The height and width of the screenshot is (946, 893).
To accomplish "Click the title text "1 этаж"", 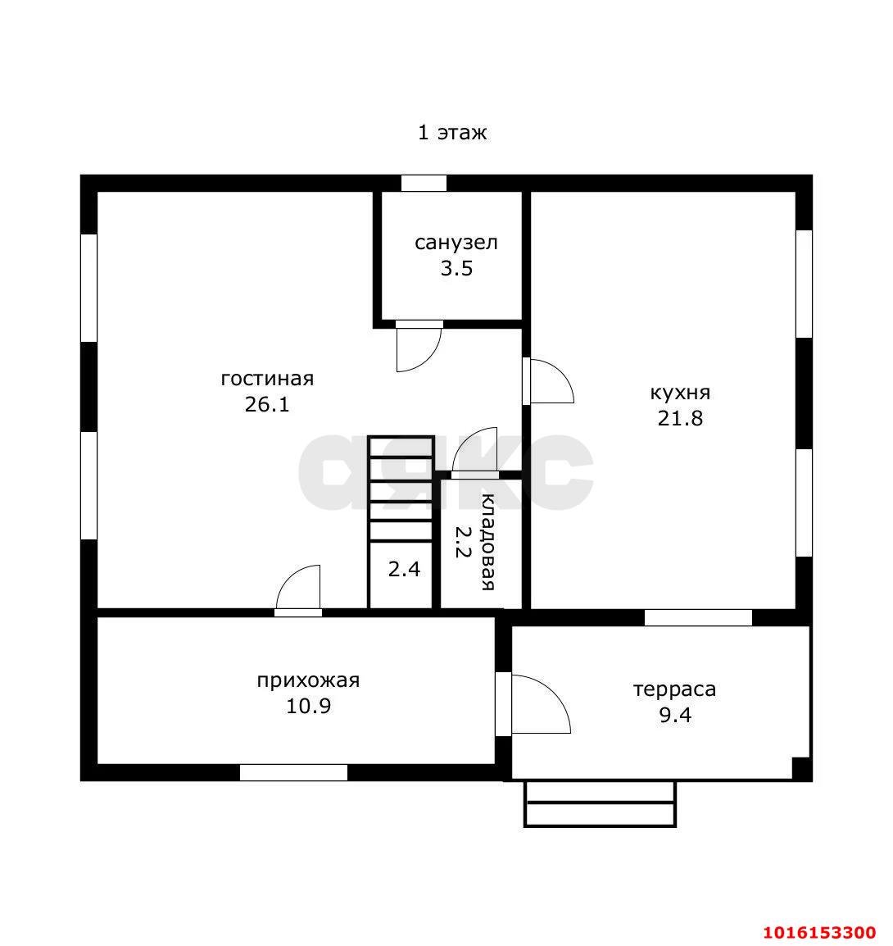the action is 452,132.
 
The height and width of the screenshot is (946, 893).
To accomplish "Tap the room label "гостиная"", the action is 267,379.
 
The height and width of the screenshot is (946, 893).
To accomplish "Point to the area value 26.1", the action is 267,404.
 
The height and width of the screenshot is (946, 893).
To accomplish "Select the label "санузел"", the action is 456,243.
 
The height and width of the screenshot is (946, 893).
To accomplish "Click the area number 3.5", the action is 456,268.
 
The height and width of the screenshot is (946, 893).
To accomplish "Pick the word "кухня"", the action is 680,393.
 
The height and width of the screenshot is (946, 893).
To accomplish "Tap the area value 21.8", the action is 680,418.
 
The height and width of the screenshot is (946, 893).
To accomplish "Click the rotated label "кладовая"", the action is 487,542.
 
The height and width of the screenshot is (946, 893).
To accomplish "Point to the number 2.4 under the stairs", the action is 404,569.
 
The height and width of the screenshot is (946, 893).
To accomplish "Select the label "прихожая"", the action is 308,680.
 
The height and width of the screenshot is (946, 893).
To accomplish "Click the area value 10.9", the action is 308,706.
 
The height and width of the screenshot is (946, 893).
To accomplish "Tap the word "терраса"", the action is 675,689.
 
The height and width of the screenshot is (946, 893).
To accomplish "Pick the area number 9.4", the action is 675,715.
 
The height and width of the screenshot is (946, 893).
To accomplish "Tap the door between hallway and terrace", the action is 555,692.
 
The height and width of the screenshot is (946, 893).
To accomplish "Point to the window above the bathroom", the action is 424,184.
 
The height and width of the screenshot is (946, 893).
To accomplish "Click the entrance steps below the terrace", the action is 600,803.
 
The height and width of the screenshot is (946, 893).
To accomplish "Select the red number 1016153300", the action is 820,932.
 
